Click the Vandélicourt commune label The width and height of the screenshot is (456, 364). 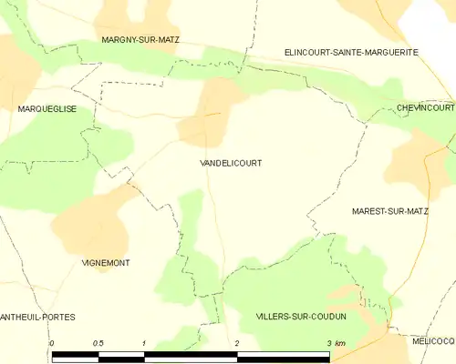(231, 163)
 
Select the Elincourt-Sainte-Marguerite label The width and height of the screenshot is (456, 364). (351, 53)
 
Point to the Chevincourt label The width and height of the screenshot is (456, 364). (425, 107)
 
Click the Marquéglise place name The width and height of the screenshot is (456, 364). (47, 108)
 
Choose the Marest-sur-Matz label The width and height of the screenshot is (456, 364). (389, 211)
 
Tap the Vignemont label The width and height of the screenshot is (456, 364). (106, 262)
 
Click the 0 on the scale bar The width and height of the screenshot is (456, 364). (53, 343)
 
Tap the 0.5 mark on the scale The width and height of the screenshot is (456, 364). (98, 343)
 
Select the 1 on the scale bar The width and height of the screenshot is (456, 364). (145, 343)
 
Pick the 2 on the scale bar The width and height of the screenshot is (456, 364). (237, 343)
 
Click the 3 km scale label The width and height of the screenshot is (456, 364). (335, 343)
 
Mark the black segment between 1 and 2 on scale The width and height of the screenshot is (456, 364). (192, 355)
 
